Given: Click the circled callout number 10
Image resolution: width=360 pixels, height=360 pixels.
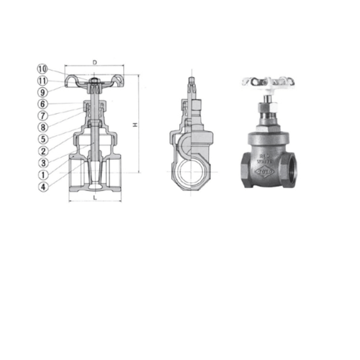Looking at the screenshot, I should pyautogui.click(x=42, y=68).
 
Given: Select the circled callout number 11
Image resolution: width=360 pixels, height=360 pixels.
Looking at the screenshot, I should pyautogui.click(x=42, y=81).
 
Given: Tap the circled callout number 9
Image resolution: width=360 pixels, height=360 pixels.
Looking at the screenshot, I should pyautogui.click(x=42, y=92).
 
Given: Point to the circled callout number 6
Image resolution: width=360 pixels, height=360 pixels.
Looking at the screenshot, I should pyautogui.click(x=42, y=104).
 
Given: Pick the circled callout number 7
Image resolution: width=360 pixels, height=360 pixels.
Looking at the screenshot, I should pyautogui.click(x=42, y=116).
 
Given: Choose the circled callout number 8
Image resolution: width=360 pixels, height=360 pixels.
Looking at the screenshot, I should pyautogui.click(x=42, y=127).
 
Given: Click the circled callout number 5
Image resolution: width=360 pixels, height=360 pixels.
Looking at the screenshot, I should pyautogui.click(x=42, y=139).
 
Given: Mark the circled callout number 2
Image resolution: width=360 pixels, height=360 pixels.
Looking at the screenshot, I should pyautogui.click(x=42, y=151).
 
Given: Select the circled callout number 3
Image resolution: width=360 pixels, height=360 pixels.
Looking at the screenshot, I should pyautogui.click(x=42, y=163).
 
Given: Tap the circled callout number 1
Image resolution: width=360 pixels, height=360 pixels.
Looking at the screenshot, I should pyautogui.click(x=42, y=174).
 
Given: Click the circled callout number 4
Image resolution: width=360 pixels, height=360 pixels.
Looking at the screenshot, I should pyautogui.click(x=42, y=186).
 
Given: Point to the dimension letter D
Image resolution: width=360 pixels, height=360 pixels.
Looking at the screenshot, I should pyautogui.click(x=95, y=63).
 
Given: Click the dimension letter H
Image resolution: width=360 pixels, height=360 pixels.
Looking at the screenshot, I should pyautogui.click(x=135, y=126).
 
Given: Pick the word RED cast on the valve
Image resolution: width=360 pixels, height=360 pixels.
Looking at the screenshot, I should pyautogui.click(x=264, y=154).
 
